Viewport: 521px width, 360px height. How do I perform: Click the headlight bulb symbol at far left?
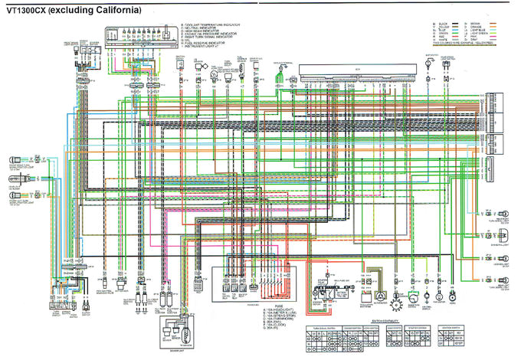tap(16, 182)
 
